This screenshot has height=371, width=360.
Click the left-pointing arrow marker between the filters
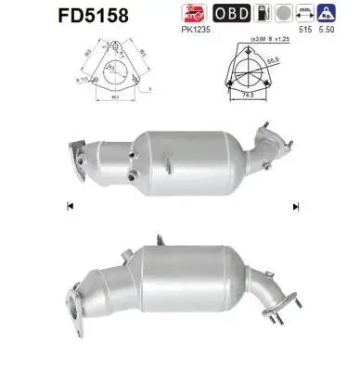(71, 206)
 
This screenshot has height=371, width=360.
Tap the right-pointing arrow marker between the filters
(289, 206)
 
